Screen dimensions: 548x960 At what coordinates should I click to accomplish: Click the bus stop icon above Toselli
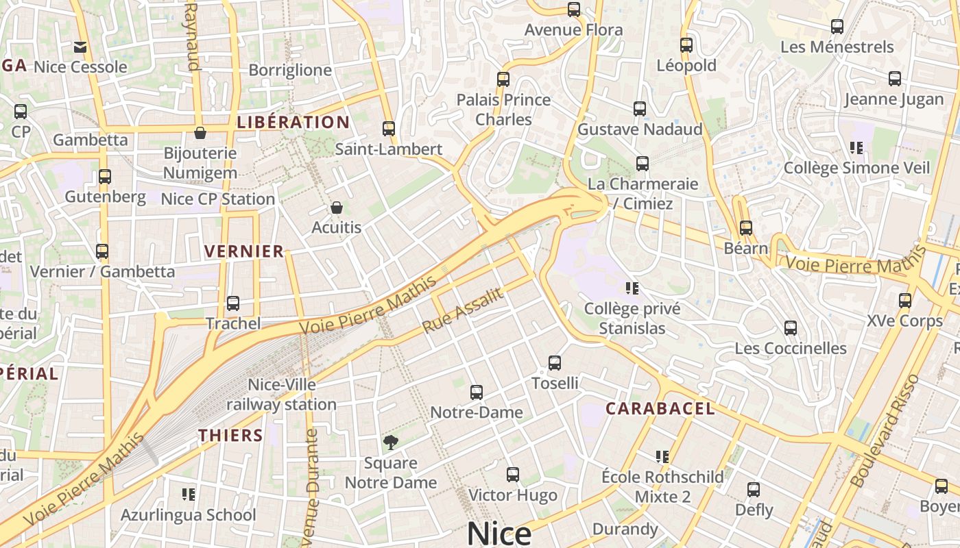pyautogui.click(x=555, y=362)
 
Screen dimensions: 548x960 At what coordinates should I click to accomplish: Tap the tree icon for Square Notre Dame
pyautogui.click(x=391, y=443)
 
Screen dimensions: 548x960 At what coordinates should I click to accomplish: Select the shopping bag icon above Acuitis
pyautogui.click(x=337, y=207)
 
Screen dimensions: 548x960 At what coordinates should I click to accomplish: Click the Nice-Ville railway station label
pyautogui.click(x=282, y=395)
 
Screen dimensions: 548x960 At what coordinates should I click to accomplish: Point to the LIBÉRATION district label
pyautogui.click(x=293, y=123)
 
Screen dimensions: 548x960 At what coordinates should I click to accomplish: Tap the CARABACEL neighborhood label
pyautogui.click(x=660, y=409)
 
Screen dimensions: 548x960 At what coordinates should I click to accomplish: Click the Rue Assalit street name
pyautogui.click(x=463, y=310)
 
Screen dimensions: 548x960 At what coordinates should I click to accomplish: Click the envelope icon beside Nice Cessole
pyautogui.click(x=80, y=47)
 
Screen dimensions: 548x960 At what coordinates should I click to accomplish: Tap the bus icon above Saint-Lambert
pyautogui.click(x=389, y=128)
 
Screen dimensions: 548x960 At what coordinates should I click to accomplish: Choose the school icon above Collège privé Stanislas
pyautogui.click(x=632, y=288)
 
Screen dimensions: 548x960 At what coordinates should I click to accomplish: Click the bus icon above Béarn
pyautogui.click(x=746, y=227)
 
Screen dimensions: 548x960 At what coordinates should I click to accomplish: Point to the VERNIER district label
pyautogui.click(x=244, y=251)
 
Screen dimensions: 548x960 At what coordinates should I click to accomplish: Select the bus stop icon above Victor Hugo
pyautogui.click(x=513, y=474)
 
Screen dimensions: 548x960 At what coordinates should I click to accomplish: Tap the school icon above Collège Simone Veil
pyautogui.click(x=856, y=147)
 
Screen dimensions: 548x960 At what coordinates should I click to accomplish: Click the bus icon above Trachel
pyautogui.click(x=233, y=303)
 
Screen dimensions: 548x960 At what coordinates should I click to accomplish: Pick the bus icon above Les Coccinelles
pyautogui.click(x=791, y=327)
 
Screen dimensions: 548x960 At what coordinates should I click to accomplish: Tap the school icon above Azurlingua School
pyautogui.click(x=189, y=494)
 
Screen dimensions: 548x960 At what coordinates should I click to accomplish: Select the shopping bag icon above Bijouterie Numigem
pyautogui.click(x=200, y=132)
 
